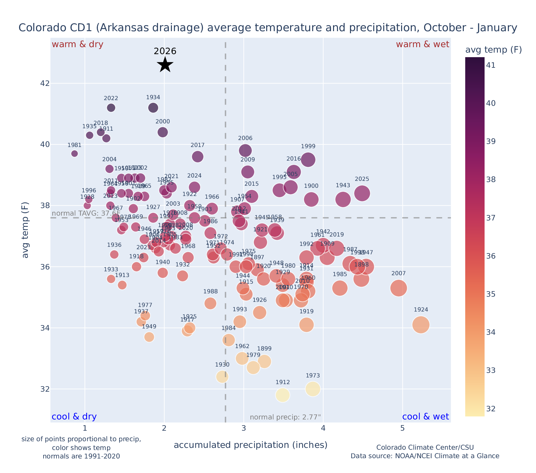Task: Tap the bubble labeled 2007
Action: point(399,288)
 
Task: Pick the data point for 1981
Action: point(74,154)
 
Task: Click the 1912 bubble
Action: point(283,395)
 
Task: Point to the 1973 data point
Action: point(313,389)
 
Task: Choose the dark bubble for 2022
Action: point(111,108)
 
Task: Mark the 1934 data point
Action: point(153,108)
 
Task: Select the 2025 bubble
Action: point(362,193)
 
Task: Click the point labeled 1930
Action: point(222,377)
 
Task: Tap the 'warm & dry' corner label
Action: point(77,44)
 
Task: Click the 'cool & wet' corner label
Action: point(426,417)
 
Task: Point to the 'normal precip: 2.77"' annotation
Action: point(285,417)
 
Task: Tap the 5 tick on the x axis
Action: point(403,429)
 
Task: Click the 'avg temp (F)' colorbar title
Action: point(493,50)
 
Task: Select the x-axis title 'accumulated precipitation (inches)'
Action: point(250,445)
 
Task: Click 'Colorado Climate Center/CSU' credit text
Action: point(425,447)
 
